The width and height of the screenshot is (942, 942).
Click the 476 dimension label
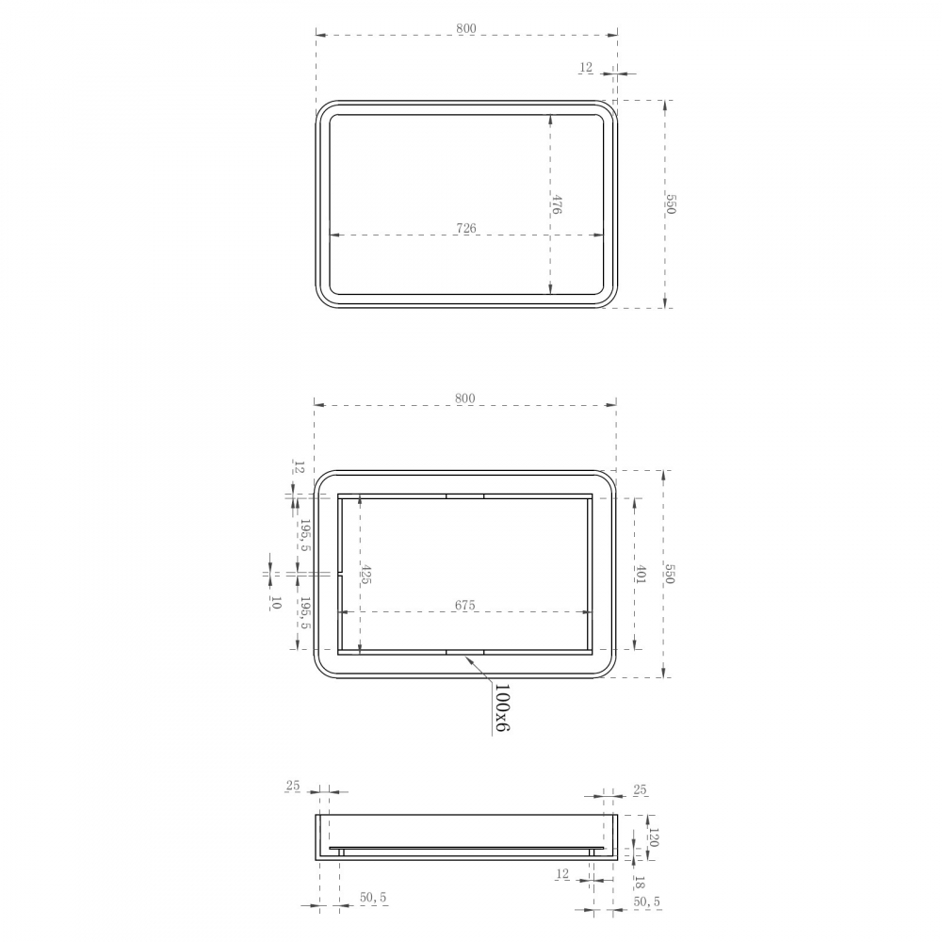pyautogui.click(x=557, y=205)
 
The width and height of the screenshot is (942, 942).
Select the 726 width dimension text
pyautogui.click(x=465, y=228)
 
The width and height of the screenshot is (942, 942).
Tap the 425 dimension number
pyautogui.click(x=366, y=575)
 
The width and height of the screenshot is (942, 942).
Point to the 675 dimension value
pyautogui.click(x=464, y=606)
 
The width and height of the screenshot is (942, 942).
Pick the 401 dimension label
pyautogui.click(x=640, y=575)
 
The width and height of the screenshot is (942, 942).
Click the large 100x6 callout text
pyautogui.click(x=501, y=708)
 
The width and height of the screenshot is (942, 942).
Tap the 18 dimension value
pyautogui.click(x=639, y=883)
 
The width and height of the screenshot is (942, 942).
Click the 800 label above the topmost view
pyautogui.click(x=465, y=29)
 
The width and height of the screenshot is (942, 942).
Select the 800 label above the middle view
pyautogui.click(x=464, y=398)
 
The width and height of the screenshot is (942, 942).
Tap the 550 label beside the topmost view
pyautogui.click(x=671, y=203)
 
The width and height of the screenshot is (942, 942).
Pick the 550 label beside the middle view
pyautogui.click(x=670, y=574)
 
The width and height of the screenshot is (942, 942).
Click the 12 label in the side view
pyautogui.click(x=562, y=874)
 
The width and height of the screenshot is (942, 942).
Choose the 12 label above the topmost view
pyautogui.click(x=586, y=67)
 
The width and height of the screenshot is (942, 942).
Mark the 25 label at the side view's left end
pyautogui.click(x=292, y=786)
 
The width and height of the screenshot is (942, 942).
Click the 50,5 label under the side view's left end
pyautogui.click(x=373, y=899)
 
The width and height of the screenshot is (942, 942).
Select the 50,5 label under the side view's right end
pyautogui.click(x=646, y=901)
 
